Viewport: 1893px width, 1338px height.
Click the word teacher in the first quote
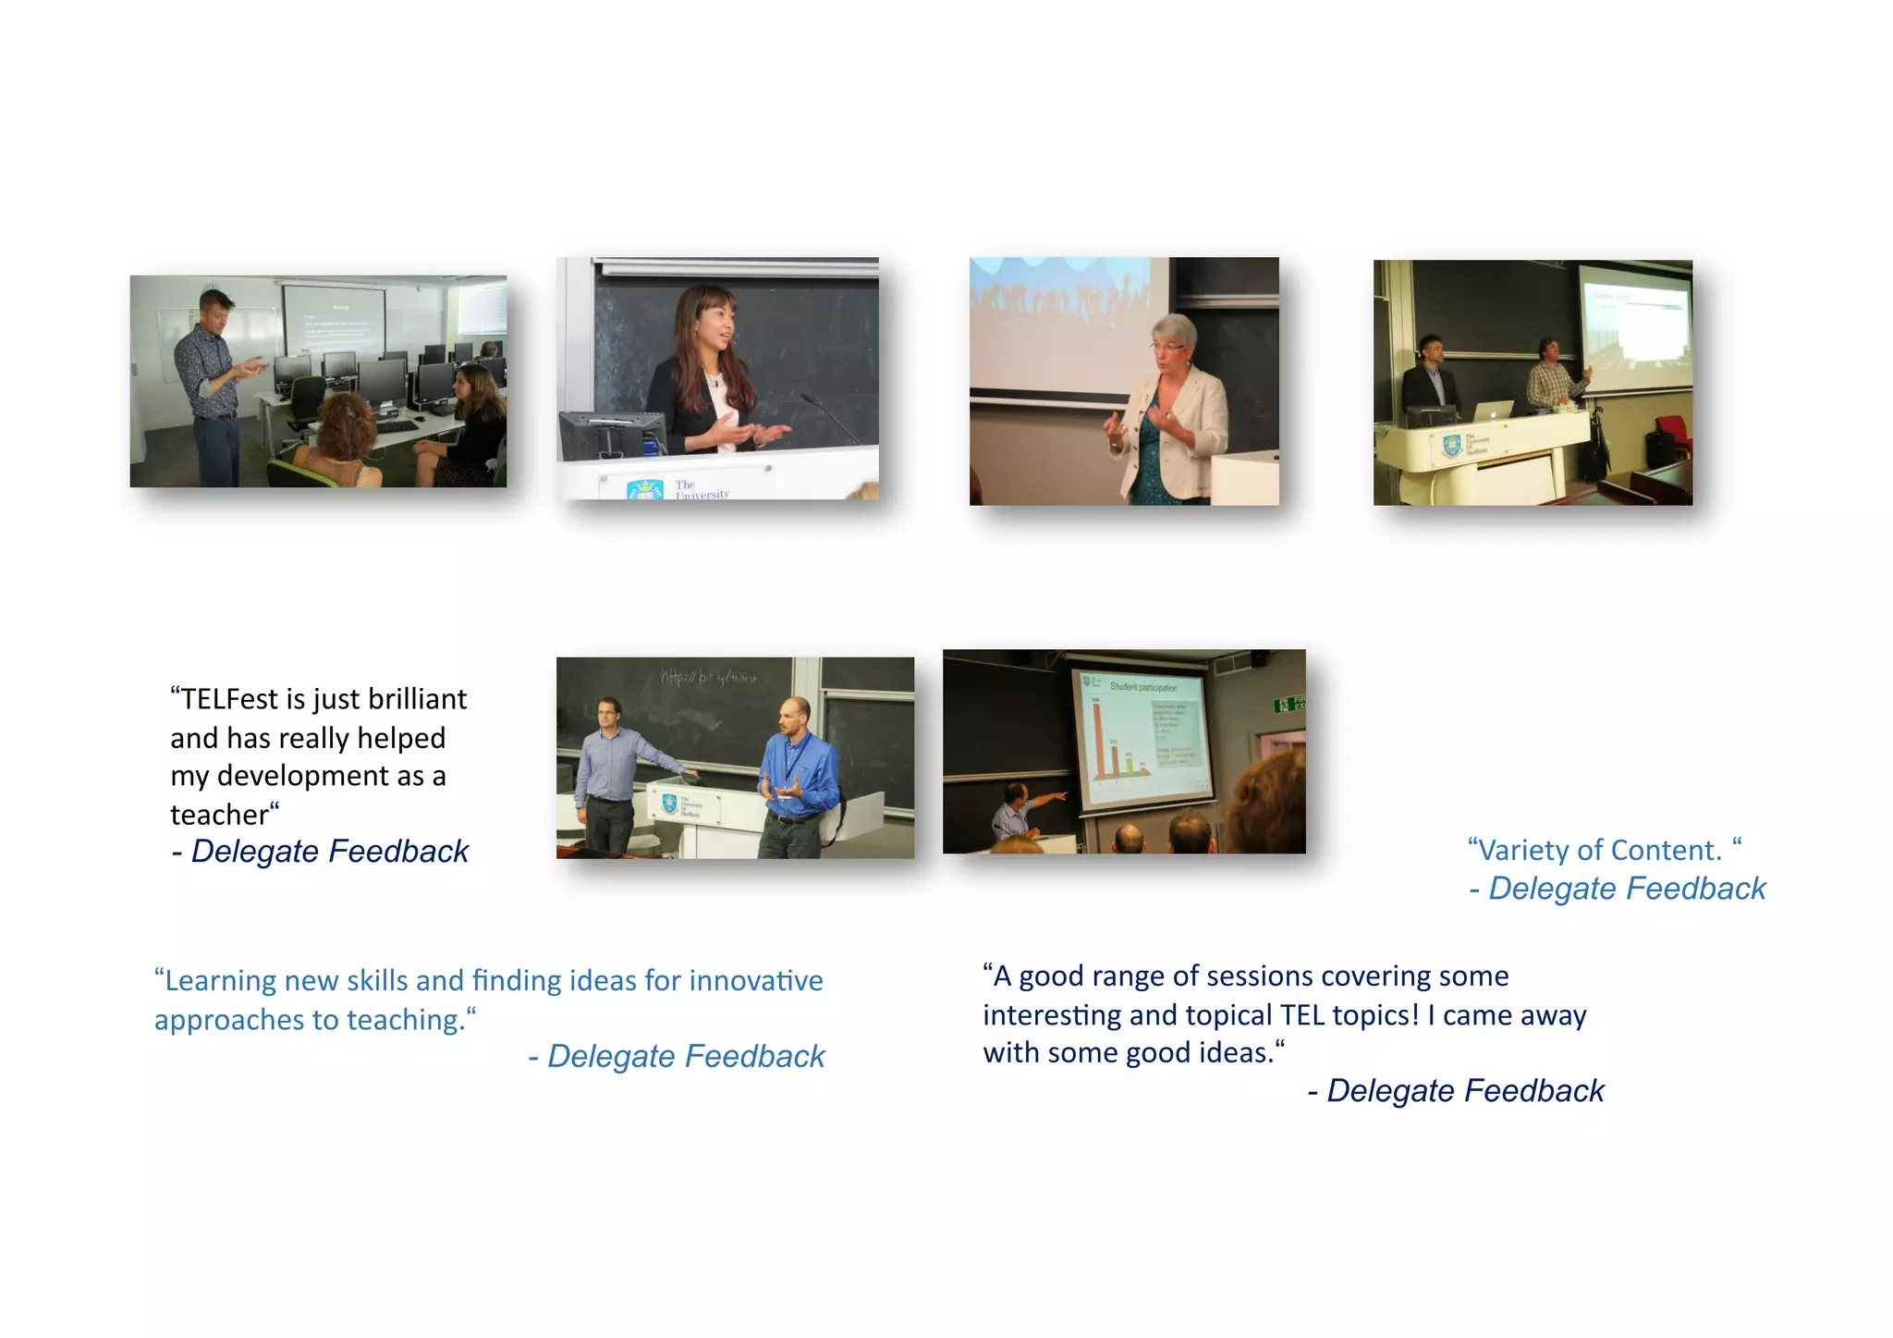pyautogui.click(x=219, y=815)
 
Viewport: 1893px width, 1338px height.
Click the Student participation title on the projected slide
pyautogui.click(x=1143, y=687)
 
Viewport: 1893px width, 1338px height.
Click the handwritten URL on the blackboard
pyautogui.click(x=708, y=678)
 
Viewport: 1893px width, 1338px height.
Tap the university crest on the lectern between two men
pyautogui.click(x=669, y=804)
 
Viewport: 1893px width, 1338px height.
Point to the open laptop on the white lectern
pyautogui.click(x=1493, y=411)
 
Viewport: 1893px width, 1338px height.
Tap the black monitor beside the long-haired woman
pyautogui.click(x=610, y=435)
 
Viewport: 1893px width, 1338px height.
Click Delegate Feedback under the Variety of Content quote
pyautogui.click(x=1627, y=889)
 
